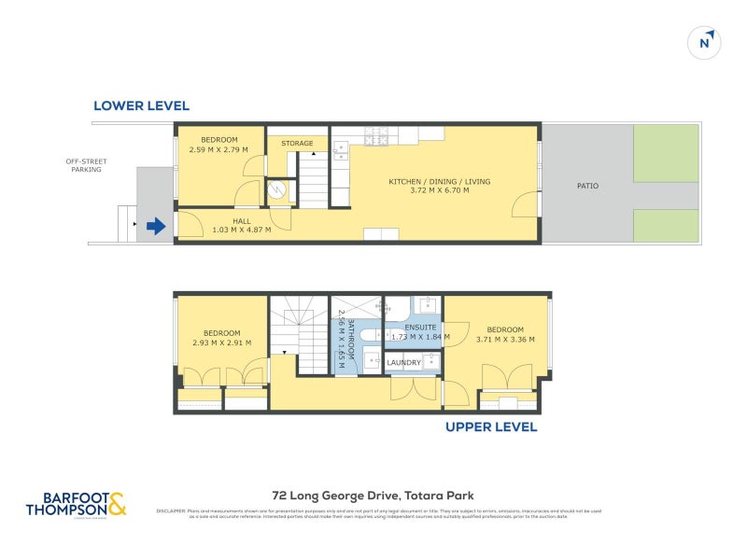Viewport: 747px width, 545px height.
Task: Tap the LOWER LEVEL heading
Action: pyautogui.click(x=141, y=106)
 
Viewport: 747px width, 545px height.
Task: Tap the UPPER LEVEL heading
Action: pyautogui.click(x=491, y=426)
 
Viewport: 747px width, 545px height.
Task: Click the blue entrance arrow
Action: pyautogui.click(x=155, y=225)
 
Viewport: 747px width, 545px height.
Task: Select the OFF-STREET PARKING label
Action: pyautogui.click(x=86, y=165)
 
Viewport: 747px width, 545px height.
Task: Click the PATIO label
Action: pyautogui.click(x=587, y=186)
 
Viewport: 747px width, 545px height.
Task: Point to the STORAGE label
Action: pyautogui.click(x=297, y=143)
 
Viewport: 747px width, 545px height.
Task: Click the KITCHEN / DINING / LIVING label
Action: pyautogui.click(x=439, y=181)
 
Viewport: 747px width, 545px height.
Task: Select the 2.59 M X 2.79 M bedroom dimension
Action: pyautogui.click(x=212, y=149)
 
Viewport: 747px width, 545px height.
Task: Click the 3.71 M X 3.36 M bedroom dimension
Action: pyautogui.click(x=504, y=339)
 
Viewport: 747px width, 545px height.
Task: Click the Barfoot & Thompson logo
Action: pyautogui.click(x=76, y=504)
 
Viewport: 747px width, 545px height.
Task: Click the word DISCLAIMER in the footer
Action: pyautogui.click(x=170, y=511)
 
